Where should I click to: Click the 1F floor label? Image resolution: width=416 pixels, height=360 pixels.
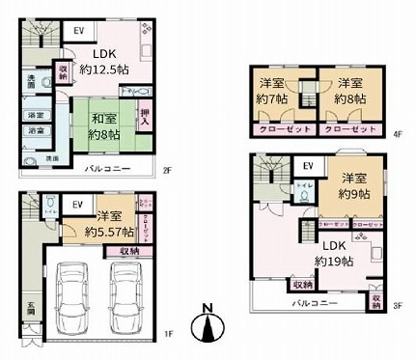[x=167, y=335]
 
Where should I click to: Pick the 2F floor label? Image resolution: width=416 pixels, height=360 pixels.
[x=167, y=172]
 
